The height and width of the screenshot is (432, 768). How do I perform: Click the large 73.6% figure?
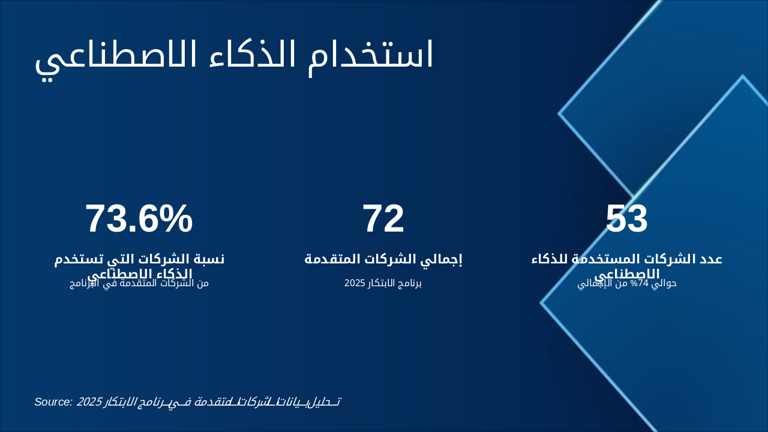coord(139,219)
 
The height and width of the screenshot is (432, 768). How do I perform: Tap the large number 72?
coord(383,219)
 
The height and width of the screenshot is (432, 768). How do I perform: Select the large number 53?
coord(626,219)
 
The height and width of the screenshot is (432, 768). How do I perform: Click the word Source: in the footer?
coord(53,401)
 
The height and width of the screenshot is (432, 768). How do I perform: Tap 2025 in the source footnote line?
coord(89,402)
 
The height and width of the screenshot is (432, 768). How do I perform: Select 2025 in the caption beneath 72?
coord(355,283)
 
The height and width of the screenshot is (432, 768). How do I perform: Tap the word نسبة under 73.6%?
coord(206,259)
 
